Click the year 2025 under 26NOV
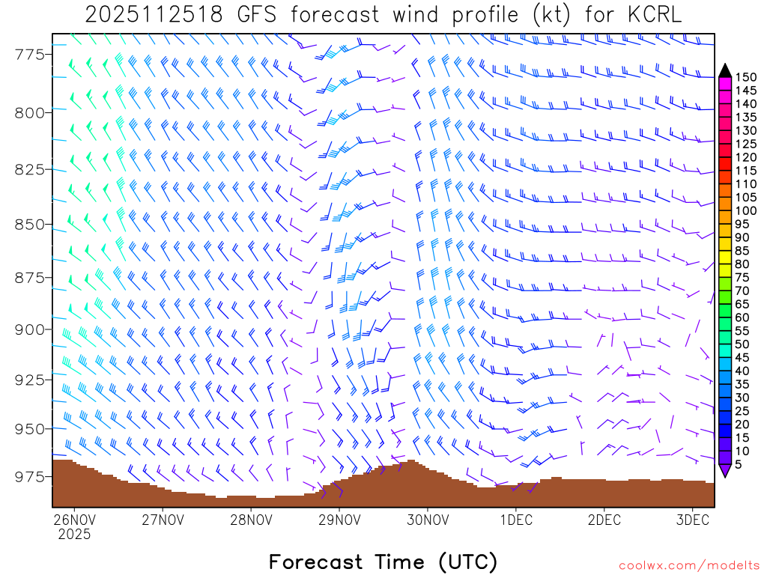[x=73, y=535]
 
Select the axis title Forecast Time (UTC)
[x=383, y=562]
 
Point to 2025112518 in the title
[x=154, y=15]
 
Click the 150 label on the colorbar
[x=746, y=77]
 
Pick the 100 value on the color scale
[x=746, y=210]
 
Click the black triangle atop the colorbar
[x=725, y=70]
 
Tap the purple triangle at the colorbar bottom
[x=725, y=471]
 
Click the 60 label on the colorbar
[x=742, y=317]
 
